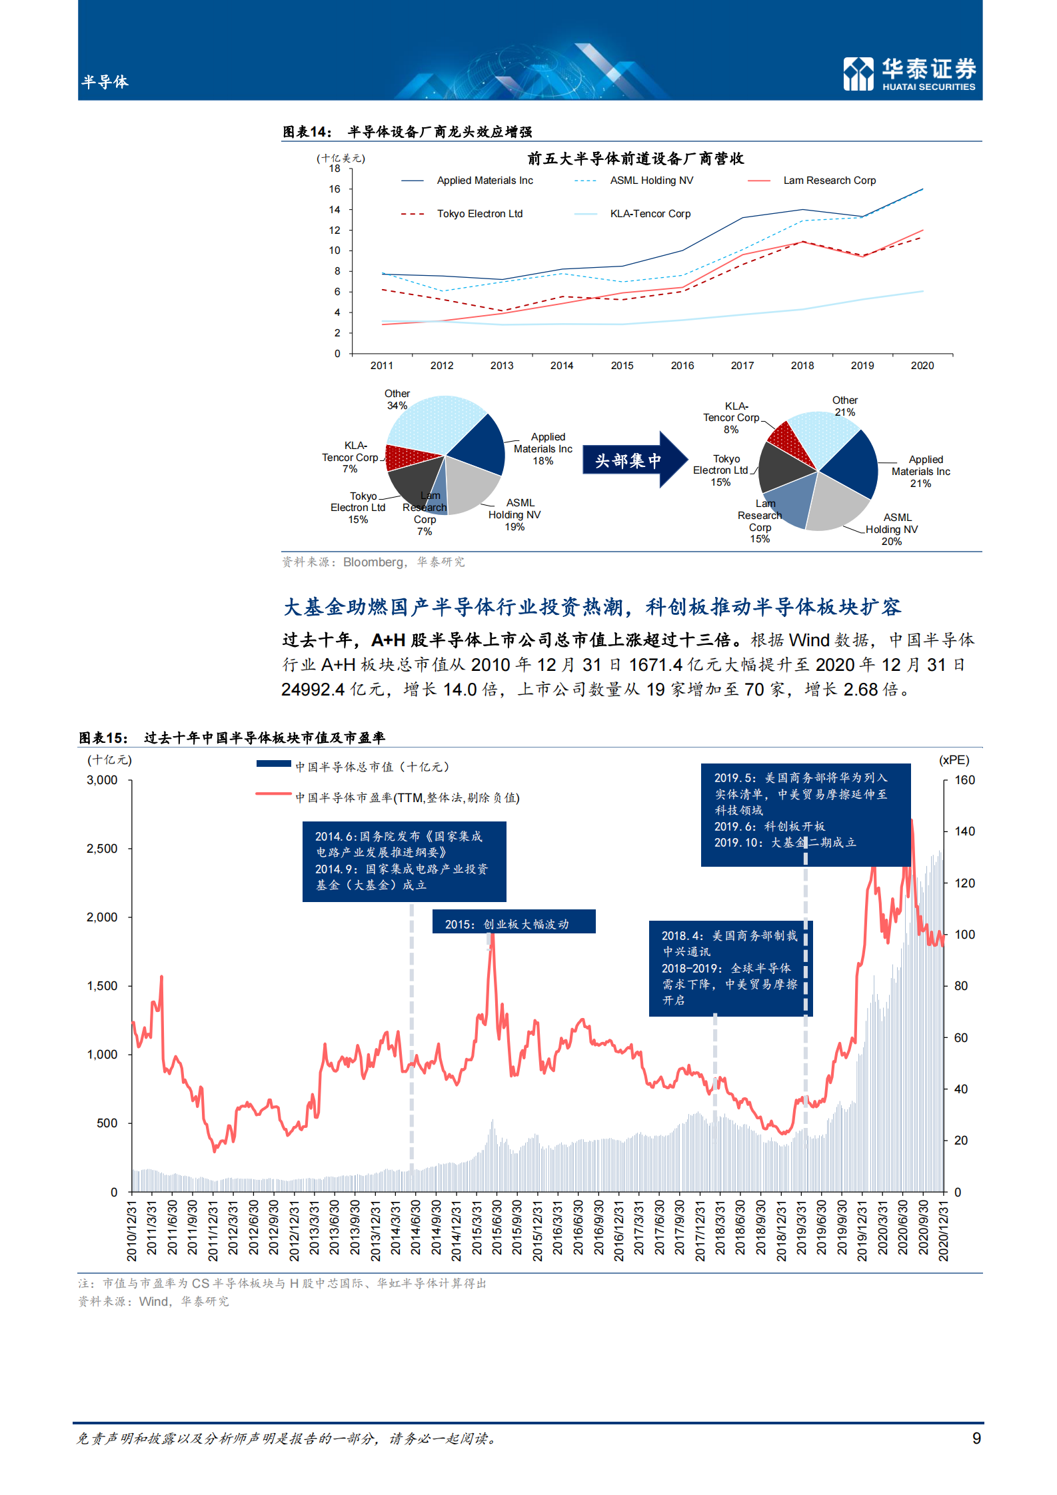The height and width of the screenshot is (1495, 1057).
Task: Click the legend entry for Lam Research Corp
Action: (x=829, y=181)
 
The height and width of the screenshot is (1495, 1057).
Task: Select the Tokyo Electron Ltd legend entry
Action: (x=479, y=214)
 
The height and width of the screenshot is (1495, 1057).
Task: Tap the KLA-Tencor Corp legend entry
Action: (x=650, y=214)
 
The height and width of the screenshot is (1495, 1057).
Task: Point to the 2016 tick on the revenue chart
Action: (x=682, y=366)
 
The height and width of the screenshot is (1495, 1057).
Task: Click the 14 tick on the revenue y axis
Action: (x=335, y=210)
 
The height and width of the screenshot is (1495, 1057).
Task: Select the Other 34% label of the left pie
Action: (x=397, y=400)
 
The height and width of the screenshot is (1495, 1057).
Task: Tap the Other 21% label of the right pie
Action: (x=844, y=406)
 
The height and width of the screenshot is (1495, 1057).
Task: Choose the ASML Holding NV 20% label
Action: (x=893, y=530)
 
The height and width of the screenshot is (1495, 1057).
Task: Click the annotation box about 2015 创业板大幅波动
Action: (x=513, y=923)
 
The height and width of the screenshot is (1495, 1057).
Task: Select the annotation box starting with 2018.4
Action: (x=730, y=968)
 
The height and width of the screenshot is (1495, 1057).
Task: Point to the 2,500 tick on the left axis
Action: (x=102, y=849)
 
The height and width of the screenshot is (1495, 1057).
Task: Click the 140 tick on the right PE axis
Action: (x=964, y=831)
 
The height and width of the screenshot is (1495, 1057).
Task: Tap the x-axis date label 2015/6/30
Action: (x=497, y=1231)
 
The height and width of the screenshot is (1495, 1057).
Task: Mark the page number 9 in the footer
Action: (x=976, y=1438)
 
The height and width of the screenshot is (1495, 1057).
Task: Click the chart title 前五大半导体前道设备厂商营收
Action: (x=635, y=159)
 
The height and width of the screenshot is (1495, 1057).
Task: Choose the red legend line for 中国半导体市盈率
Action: (x=273, y=794)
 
